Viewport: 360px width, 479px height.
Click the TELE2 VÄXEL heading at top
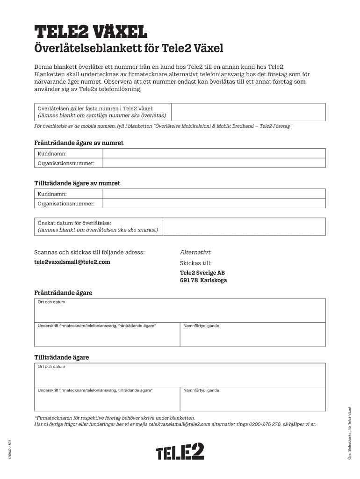(x=91, y=32)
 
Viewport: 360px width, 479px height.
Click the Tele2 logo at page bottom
(x=180, y=452)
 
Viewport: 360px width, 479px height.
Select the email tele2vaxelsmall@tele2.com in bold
(x=72, y=262)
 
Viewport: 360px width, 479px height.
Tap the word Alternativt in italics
(x=195, y=252)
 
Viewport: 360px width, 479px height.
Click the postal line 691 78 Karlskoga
(x=203, y=281)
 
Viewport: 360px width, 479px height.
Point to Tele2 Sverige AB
(x=202, y=273)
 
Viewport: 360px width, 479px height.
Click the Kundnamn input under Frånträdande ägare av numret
(x=214, y=153)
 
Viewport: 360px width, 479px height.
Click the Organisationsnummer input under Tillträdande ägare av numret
(x=214, y=203)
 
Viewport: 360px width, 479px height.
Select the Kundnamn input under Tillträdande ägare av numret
(x=214, y=194)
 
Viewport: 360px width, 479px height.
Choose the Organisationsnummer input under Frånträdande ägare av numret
(x=214, y=163)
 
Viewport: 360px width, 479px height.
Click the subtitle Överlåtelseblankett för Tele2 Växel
(x=129, y=49)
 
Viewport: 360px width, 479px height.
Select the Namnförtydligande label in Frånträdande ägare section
(x=201, y=326)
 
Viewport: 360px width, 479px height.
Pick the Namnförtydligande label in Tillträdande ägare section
(x=201, y=390)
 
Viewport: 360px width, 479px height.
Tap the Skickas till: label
(x=195, y=263)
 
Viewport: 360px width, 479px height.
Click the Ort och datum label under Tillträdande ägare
(x=51, y=366)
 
